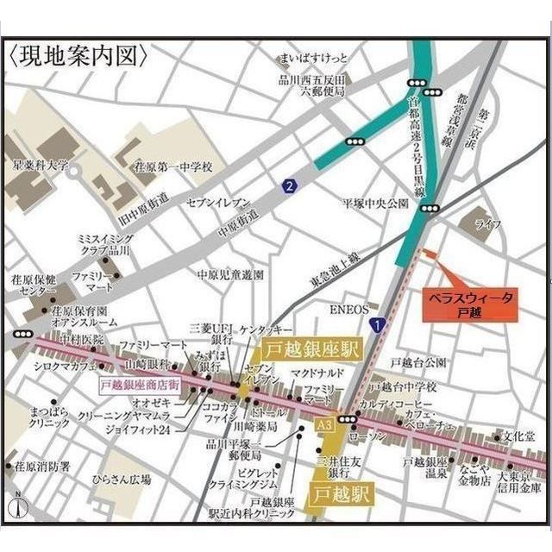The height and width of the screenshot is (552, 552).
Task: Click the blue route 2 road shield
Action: click(290, 185)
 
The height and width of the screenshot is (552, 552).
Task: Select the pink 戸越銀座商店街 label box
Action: click(140, 385)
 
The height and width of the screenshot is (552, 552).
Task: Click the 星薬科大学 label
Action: click(39, 165)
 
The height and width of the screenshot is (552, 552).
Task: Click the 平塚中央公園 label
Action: click(374, 204)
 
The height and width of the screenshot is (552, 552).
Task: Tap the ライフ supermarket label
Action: click(487, 224)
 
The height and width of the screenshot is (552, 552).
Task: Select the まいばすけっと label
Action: click(312, 59)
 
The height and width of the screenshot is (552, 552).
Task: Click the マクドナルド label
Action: click(317, 373)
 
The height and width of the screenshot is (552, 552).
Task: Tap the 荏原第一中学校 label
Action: click(172, 165)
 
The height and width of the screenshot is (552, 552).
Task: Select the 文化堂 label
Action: click(520, 436)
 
